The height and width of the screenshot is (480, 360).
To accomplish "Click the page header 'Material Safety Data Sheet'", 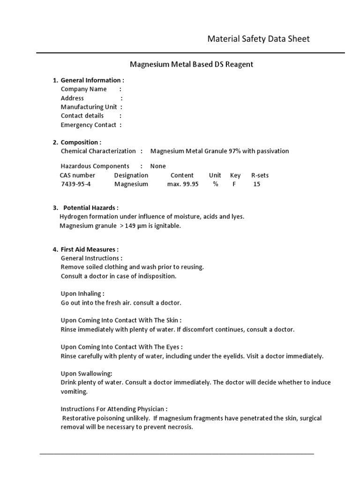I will point(258,39).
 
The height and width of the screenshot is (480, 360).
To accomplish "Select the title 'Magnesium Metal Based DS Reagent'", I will point(191,64).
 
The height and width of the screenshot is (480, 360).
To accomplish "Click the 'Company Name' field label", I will point(83,89).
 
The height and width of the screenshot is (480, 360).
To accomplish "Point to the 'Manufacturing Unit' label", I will point(89,107).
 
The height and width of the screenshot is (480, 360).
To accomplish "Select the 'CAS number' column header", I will point(77,175).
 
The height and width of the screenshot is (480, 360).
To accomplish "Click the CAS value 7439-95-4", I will point(76,184).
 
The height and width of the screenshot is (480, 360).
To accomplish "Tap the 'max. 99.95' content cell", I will point(182,184).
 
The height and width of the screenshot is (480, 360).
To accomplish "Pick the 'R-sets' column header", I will point(260,175).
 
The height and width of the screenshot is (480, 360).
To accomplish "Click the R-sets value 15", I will point(256,184).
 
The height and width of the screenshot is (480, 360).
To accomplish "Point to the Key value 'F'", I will point(234,184).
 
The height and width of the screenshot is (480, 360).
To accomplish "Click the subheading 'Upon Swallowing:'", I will point(86,374).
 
